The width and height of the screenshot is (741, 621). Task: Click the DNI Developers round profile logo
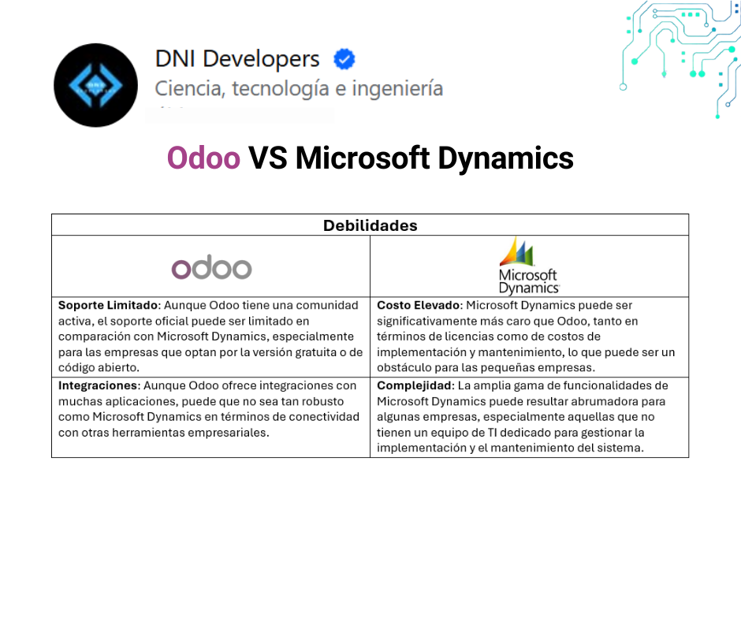[x=95, y=85]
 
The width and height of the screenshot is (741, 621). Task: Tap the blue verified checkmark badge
[x=344, y=59]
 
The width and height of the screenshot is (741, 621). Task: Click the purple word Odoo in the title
[x=203, y=158]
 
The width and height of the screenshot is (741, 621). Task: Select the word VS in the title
[x=267, y=158]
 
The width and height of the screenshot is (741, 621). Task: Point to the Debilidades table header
[x=370, y=225]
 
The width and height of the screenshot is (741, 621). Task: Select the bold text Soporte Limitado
[x=108, y=305]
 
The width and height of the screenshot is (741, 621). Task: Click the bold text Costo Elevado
[x=419, y=305]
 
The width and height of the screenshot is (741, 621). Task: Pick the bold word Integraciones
[x=99, y=385]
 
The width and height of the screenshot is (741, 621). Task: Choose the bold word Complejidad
[x=415, y=385]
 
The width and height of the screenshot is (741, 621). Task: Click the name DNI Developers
[x=237, y=59]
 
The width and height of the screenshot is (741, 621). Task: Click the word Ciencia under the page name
[x=189, y=88]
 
